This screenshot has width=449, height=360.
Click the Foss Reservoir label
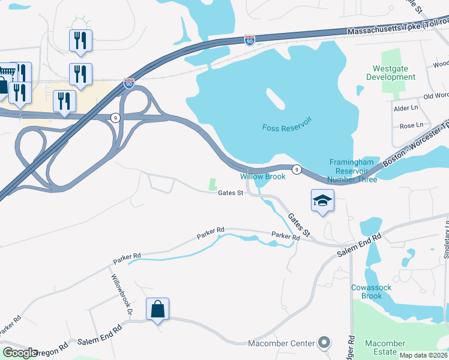point(288,127)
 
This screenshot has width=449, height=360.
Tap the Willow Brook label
point(263,176)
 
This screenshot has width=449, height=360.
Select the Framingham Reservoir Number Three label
point(353,171)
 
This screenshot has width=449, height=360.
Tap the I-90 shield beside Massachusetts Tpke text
point(249,40)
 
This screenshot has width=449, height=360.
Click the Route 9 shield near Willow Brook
point(297,170)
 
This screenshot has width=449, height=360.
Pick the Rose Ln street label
point(411,125)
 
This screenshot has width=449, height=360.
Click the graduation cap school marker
point(322,201)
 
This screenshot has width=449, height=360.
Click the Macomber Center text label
point(282,343)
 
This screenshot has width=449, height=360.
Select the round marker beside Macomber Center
point(324,343)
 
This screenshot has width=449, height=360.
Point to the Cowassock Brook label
point(372,292)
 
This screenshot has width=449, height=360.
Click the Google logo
point(20,353)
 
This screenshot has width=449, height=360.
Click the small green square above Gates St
point(212,185)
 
